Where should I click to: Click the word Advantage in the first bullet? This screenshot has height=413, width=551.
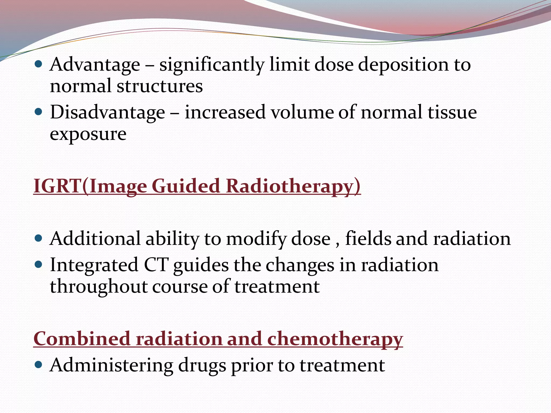(x=95, y=65)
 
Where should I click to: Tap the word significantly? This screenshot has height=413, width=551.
(x=212, y=65)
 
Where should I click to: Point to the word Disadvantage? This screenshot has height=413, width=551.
(x=107, y=112)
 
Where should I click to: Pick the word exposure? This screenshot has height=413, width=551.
(x=88, y=134)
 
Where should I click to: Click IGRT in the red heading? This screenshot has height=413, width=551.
(x=58, y=186)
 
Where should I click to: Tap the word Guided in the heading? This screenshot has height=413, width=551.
(x=186, y=186)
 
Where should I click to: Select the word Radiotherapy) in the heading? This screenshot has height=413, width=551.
(x=293, y=186)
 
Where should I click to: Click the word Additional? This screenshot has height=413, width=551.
(x=95, y=239)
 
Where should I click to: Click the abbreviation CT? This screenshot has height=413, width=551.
(x=156, y=265)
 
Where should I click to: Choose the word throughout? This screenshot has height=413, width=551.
(x=98, y=286)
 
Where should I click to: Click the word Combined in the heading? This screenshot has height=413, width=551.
(x=82, y=339)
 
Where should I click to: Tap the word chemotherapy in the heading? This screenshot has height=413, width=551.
(x=335, y=339)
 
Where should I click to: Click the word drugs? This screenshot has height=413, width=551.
(x=202, y=365)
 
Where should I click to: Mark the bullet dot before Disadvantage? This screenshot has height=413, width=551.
(x=39, y=112)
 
